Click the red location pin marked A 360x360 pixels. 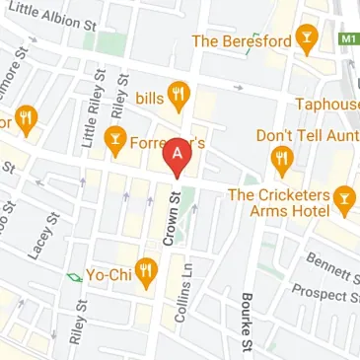pyautogui.click(x=177, y=156)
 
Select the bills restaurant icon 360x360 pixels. pyautogui.click(x=179, y=95)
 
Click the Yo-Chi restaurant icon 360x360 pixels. pyautogui.click(x=147, y=270)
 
